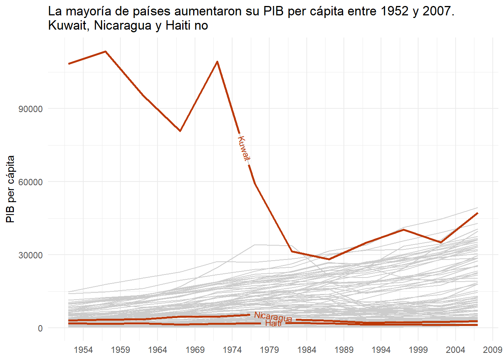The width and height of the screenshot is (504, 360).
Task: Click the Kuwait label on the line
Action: (244, 149)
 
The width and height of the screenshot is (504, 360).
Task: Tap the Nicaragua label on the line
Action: (273, 317)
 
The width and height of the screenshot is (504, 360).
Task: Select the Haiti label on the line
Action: (273, 323)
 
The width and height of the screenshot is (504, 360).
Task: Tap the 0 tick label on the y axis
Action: (40, 328)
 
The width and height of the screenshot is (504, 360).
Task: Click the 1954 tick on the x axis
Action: (83, 350)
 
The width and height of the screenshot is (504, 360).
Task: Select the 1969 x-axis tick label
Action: (195, 350)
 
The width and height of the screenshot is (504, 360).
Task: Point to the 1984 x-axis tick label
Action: (306, 350)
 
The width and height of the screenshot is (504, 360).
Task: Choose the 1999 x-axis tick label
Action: (418, 350)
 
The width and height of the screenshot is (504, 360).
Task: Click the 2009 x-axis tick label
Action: (492, 350)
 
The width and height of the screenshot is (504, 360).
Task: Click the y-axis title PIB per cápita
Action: (11, 189)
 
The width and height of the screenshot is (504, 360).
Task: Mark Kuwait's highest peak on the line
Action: (105, 51)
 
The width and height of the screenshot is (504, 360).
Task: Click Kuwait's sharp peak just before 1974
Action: (217, 61)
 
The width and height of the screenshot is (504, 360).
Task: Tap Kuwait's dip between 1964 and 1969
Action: (180, 131)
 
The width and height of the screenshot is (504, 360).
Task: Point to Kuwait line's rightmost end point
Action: (477, 213)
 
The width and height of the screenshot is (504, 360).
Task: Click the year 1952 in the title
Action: (393, 11)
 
